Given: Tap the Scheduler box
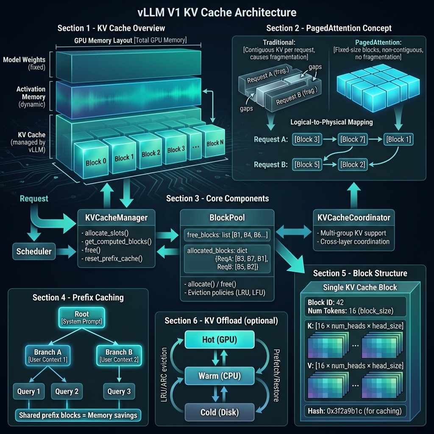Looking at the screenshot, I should point(34,251).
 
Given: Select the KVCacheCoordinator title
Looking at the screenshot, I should point(353,218).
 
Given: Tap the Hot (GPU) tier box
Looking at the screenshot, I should point(219,340).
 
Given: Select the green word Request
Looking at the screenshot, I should point(34,198).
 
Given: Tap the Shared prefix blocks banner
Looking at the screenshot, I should point(78,415).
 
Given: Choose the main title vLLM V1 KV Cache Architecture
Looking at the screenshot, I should point(217,11).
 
